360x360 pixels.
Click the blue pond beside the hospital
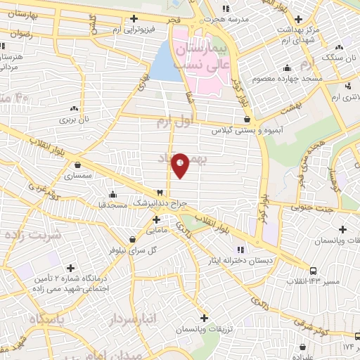coord(166,60)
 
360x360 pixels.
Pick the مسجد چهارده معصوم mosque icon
coord(287,68)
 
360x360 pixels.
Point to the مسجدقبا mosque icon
coord(112,194)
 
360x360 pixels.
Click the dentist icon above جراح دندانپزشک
coord(160,192)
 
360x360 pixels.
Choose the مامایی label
coord(155,230)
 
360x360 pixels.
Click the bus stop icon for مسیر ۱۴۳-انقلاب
coord(313,270)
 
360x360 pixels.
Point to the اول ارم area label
coord(174,122)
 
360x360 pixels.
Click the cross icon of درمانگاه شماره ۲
coord(70,268)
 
